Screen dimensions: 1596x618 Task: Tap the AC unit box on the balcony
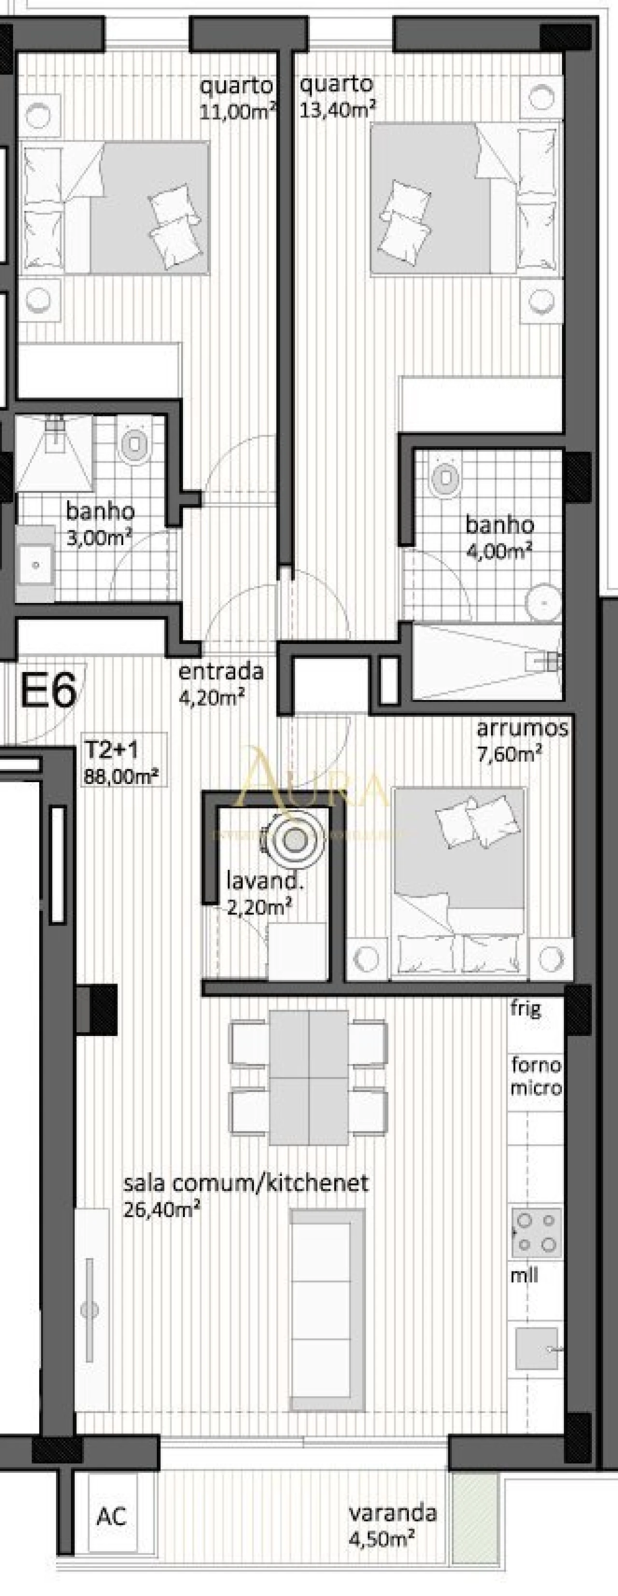112,1516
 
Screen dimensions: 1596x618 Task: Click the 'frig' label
526,1008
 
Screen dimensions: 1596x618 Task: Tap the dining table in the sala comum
309,1077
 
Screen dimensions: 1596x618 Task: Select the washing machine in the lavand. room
294,841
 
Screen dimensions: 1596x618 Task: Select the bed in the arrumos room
459,868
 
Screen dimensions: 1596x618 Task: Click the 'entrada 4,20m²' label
221,682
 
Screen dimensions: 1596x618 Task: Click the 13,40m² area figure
337,110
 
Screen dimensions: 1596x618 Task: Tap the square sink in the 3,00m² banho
36,564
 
